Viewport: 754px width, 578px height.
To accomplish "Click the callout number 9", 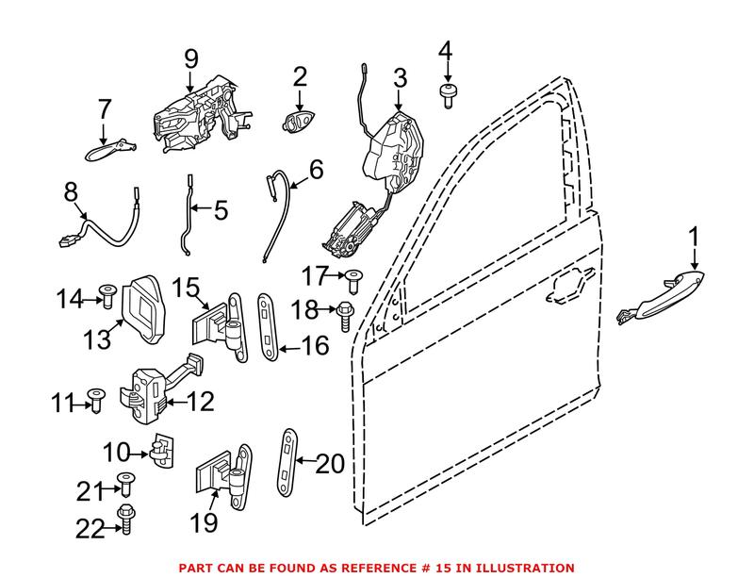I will [x=191, y=59].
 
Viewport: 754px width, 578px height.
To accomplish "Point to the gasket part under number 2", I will [x=299, y=121].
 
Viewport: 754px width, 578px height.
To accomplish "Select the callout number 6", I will [x=316, y=170].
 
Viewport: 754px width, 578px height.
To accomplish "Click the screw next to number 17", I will [x=354, y=278].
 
